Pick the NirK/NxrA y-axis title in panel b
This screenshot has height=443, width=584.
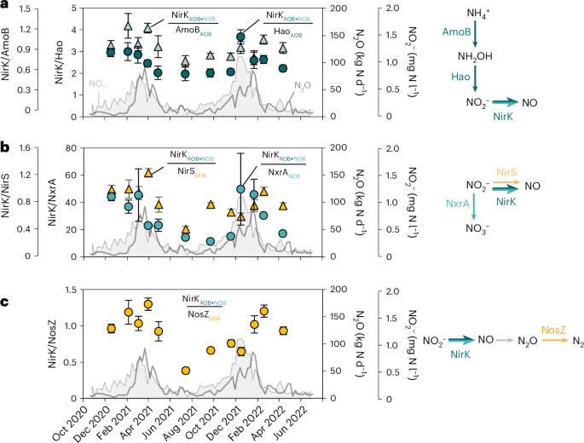coord(59,201)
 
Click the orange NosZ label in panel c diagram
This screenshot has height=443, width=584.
coord(550,326)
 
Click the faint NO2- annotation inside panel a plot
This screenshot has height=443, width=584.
coord(100,84)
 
